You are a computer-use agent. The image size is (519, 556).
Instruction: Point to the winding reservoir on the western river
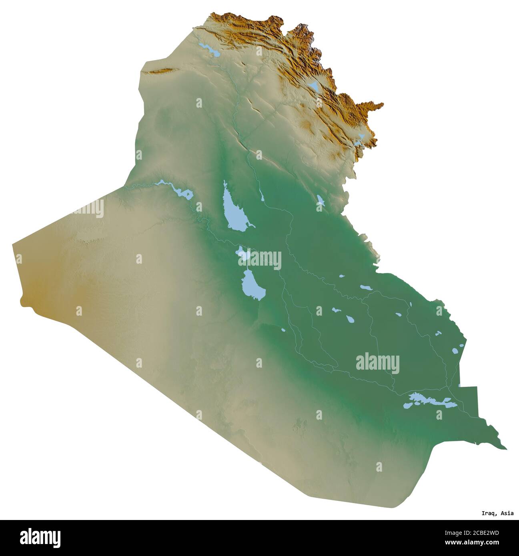click(178, 190)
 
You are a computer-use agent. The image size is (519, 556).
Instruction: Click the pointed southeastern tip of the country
click(505, 448)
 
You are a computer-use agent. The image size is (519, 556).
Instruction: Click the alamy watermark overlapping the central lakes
click(260, 259)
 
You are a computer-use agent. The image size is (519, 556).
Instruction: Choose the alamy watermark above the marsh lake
click(377, 363)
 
